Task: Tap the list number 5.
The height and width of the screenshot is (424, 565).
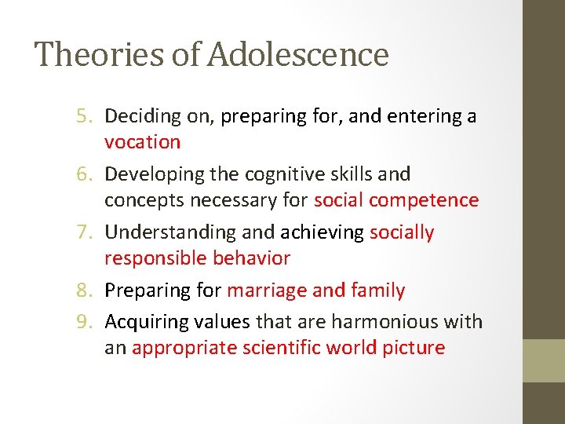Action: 84,116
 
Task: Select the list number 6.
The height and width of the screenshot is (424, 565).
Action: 84,174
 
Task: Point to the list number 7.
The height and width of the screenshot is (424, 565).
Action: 84,232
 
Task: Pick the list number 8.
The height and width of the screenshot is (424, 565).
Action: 84,291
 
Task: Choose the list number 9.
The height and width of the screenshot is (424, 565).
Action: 84,322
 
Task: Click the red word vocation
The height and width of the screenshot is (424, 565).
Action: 142,142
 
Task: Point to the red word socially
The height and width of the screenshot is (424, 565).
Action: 401,232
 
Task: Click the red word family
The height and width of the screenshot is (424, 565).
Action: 380,291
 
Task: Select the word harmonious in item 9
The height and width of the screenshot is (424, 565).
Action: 379,322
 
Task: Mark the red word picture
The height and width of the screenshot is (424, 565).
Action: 415,348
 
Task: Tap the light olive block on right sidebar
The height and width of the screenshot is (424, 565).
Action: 543,360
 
